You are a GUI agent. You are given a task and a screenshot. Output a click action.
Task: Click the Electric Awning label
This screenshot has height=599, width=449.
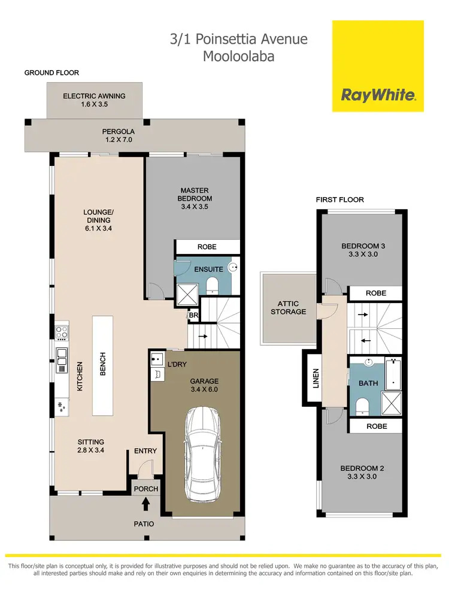[x=95, y=99]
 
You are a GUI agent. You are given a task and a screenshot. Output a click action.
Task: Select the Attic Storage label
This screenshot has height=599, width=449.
[x=289, y=308]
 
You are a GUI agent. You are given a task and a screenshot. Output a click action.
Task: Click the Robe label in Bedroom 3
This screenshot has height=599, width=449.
[x=375, y=293]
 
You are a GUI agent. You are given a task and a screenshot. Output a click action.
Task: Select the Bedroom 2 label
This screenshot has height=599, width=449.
[x=360, y=473]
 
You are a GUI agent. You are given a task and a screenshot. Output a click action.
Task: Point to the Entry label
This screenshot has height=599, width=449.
[x=145, y=451]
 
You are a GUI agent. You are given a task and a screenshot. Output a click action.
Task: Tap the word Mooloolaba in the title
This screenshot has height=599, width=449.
[x=238, y=57]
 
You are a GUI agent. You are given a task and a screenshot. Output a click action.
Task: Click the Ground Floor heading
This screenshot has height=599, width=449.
[x=51, y=72]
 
